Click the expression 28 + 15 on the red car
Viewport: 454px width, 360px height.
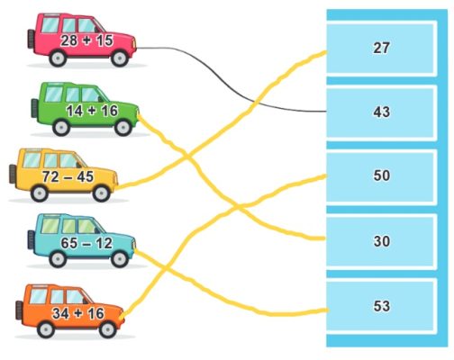(86, 40)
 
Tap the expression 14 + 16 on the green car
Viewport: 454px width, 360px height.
(92, 111)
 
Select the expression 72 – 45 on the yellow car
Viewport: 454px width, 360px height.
(68, 176)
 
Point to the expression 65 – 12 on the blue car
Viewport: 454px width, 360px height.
(86, 243)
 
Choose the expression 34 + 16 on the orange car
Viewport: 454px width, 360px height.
(78, 313)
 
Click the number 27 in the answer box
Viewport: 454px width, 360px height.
(381, 48)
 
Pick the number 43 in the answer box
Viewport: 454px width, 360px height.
(381, 112)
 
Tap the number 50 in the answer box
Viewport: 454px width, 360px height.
(381, 175)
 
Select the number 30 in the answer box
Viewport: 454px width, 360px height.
(381, 241)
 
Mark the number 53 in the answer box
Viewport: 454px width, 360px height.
(381, 306)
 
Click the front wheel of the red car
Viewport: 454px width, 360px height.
(120, 58)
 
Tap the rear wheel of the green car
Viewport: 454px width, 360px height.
(61, 127)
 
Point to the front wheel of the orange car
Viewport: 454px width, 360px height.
(107, 329)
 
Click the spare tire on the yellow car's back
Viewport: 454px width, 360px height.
(13, 174)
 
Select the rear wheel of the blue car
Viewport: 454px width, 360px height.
(58, 258)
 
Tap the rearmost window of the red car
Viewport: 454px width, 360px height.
(50, 25)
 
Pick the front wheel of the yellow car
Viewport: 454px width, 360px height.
(102, 193)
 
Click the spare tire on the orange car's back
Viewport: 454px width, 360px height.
(19, 310)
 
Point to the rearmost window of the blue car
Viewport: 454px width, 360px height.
(50, 226)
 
